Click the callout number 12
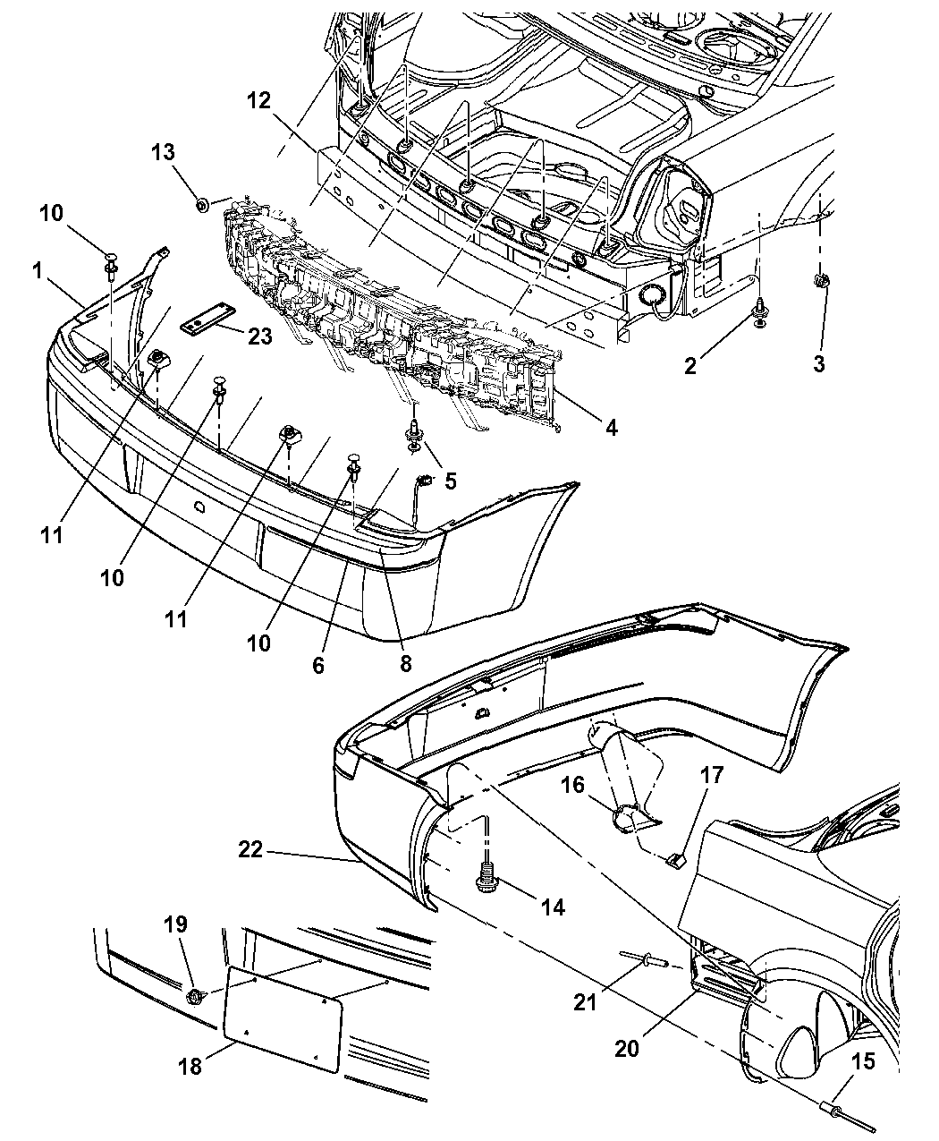click(x=258, y=101)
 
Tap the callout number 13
click(x=164, y=152)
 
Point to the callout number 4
click(x=611, y=428)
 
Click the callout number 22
click(x=250, y=848)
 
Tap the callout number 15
click(x=863, y=1062)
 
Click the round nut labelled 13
click(x=203, y=207)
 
